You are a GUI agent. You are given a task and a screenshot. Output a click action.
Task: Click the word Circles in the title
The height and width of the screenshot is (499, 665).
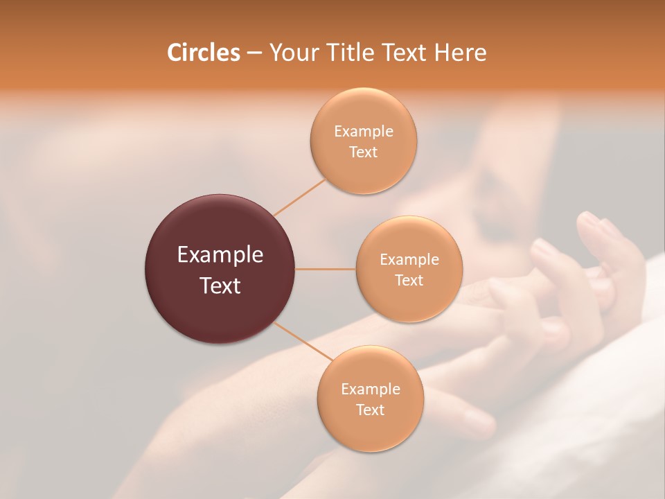[203, 53]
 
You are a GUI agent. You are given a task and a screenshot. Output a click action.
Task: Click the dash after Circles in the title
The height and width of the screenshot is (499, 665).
[254, 53]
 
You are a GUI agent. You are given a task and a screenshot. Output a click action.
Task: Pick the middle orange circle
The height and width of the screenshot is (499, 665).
[409, 301]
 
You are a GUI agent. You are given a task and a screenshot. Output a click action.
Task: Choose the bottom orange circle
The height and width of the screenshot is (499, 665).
[370, 430]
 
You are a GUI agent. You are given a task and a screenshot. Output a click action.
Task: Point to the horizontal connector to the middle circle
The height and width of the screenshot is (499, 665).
[326, 269]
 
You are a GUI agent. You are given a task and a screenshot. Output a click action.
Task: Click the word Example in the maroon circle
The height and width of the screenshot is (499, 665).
[220, 255]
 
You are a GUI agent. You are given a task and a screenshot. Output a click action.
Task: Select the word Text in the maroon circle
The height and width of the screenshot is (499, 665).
[220, 286]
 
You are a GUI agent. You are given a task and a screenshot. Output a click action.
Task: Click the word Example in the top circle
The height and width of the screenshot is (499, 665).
[364, 132]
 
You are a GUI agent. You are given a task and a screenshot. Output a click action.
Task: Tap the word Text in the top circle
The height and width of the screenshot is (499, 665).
[364, 152]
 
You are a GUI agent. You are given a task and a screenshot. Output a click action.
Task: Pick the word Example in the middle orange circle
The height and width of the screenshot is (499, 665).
[409, 260]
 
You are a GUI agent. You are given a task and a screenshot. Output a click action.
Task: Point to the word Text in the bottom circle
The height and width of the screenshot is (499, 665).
[370, 410]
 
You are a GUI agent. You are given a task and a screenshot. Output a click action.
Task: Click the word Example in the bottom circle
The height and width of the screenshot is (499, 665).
[371, 389]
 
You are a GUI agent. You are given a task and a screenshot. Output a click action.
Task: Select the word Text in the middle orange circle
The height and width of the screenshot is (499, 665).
[409, 281]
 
